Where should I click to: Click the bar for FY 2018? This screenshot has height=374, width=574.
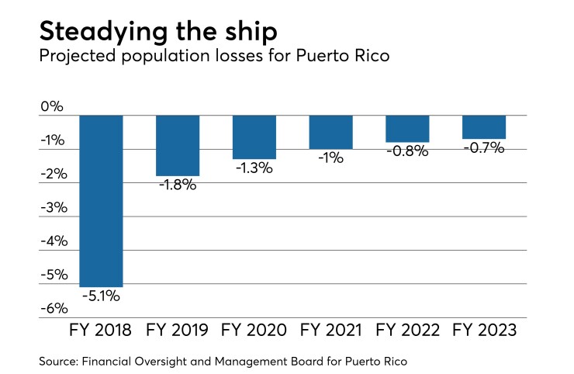[101, 201]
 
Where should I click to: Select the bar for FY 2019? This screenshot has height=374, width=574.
[178, 146]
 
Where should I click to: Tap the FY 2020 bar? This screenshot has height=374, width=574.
[254, 137]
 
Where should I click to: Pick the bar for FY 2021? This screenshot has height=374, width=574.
[330, 132]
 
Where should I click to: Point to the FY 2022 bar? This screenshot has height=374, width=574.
[407, 129]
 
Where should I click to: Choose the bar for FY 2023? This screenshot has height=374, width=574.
[484, 127]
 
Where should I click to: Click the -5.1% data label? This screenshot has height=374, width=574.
[101, 296]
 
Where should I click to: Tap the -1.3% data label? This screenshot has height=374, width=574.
[254, 168]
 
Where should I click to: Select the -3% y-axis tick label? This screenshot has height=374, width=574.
[54, 208]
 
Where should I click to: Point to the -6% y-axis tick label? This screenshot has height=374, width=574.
[54, 309]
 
